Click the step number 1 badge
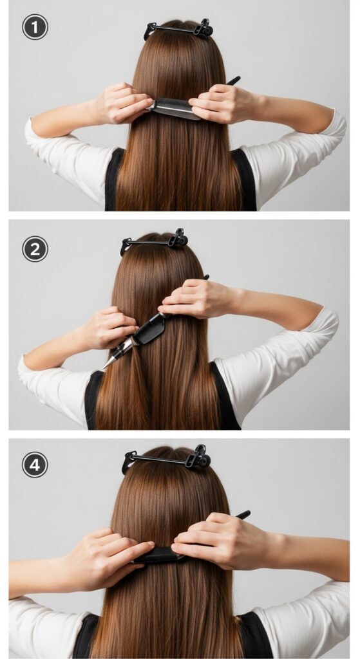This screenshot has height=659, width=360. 35,27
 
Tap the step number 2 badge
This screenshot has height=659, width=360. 35,249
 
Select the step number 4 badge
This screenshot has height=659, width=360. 35,465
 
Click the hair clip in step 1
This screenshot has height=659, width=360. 179,28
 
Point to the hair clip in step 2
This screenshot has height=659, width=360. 155,241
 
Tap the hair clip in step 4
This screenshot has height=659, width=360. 167,459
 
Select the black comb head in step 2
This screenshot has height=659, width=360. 149,330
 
